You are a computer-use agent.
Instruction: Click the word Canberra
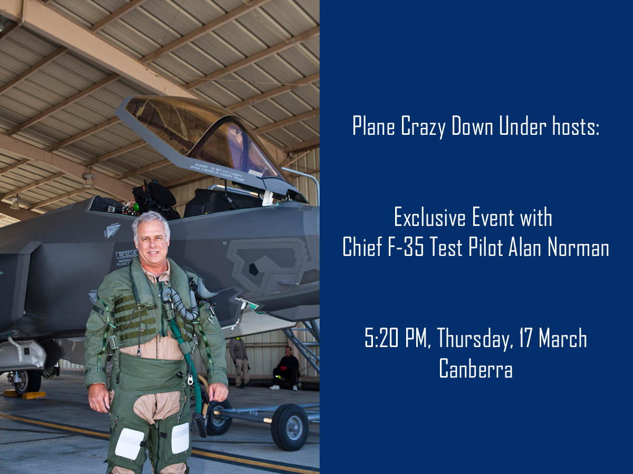(476, 368)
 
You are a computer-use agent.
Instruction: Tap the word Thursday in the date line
(475, 339)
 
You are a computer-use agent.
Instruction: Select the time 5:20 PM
(397, 338)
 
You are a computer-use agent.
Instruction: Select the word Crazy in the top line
(423, 126)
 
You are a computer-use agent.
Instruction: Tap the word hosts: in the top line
(576, 126)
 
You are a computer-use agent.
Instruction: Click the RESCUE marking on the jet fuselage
(127, 254)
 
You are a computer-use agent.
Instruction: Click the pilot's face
(152, 243)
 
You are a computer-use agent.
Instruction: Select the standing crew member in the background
(239, 362)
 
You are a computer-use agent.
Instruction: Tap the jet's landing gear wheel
(27, 382)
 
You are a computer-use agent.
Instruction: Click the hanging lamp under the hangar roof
(89, 181)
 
